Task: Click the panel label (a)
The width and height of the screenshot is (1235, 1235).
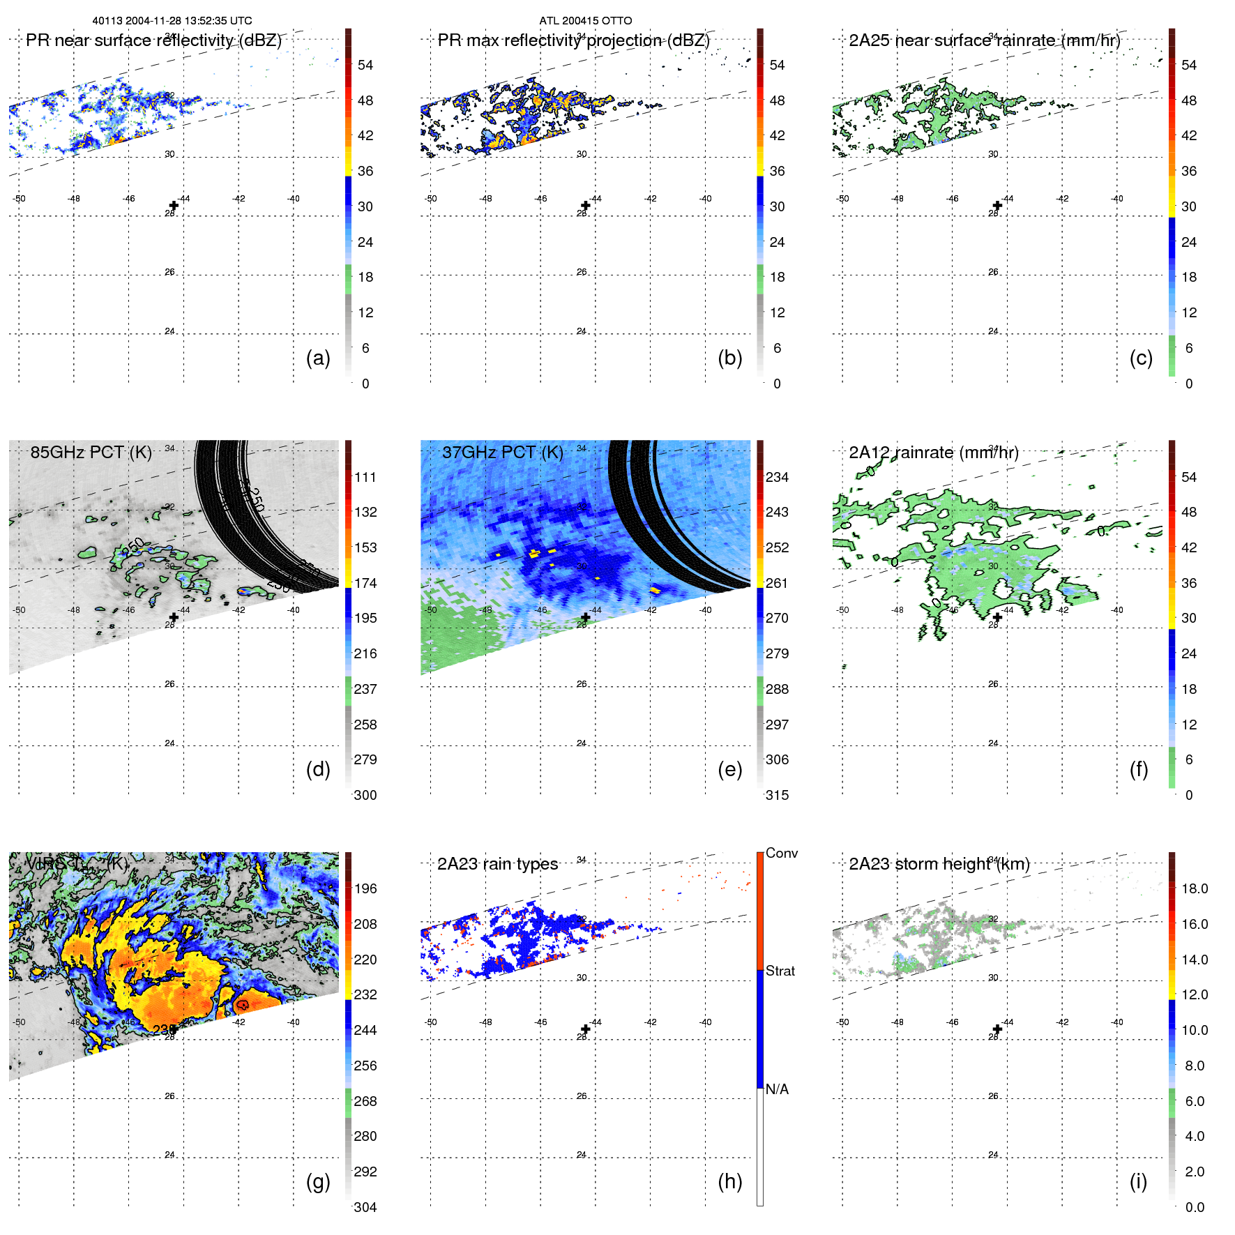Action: tap(318, 358)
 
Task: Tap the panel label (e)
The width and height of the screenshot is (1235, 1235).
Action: tap(729, 769)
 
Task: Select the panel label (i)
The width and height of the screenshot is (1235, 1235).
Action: tap(1138, 1181)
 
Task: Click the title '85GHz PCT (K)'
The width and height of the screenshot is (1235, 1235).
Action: tap(91, 453)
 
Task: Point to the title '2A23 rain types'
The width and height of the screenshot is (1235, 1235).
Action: tap(497, 864)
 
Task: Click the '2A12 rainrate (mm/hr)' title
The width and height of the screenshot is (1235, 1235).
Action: tap(933, 453)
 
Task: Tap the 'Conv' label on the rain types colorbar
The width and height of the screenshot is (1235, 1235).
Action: tap(781, 853)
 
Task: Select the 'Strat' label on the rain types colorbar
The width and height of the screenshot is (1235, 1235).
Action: tap(780, 971)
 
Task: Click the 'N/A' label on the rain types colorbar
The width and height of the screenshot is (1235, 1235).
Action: tap(777, 1089)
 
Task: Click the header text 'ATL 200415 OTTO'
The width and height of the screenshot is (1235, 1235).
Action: tap(585, 21)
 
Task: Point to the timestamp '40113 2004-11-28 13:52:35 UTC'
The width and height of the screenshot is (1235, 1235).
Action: tap(172, 21)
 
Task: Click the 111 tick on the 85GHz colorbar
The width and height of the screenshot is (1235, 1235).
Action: tap(365, 477)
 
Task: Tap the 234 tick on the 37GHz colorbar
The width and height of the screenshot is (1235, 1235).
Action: tap(777, 477)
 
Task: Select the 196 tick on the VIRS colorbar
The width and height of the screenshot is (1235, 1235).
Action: tap(365, 888)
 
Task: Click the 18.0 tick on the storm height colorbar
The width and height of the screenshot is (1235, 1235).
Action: tap(1194, 888)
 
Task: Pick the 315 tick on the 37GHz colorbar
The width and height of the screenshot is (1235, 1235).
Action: tap(777, 795)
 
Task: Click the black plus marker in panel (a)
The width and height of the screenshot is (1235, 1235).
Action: tap(174, 205)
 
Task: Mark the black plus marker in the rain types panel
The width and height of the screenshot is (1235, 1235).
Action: tap(586, 1029)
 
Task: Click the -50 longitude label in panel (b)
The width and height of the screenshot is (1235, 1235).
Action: tap(431, 199)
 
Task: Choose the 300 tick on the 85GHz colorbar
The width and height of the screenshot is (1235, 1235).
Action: tap(365, 795)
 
